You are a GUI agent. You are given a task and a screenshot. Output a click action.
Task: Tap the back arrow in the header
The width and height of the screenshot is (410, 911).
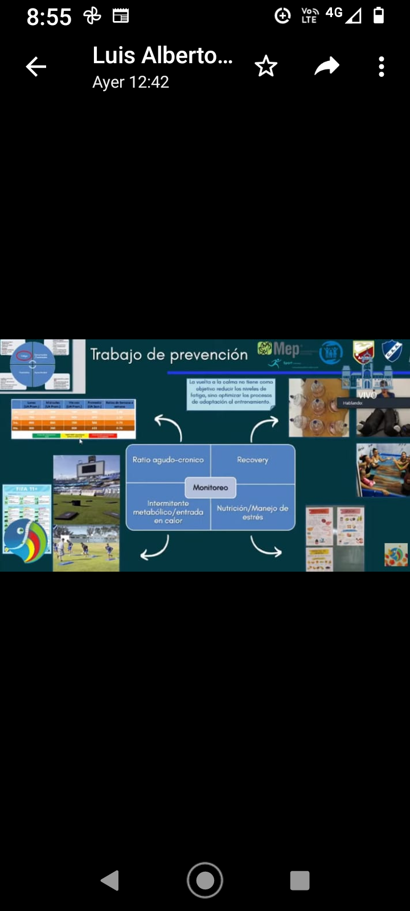tap(36, 67)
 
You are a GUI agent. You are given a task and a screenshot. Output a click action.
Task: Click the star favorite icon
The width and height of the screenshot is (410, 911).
tap(266, 67)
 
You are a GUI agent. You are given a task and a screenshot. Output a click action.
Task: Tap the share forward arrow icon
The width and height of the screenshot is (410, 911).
tap(326, 67)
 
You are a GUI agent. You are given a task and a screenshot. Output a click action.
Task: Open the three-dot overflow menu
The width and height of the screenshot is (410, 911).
tap(382, 67)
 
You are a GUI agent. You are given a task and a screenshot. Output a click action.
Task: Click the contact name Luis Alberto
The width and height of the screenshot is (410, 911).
tap(163, 56)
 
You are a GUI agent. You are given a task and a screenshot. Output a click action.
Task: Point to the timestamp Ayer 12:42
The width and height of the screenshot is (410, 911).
tap(131, 83)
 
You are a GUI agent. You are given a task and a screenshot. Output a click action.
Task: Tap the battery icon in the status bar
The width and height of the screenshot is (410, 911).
tap(379, 15)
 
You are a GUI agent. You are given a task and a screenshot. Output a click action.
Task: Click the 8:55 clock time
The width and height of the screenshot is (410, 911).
tap(49, 17)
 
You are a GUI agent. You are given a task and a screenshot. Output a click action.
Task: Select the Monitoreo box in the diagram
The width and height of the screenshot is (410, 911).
tap(210, 487)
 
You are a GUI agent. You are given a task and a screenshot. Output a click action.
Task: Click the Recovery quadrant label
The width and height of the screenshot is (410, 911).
tap(252, 460)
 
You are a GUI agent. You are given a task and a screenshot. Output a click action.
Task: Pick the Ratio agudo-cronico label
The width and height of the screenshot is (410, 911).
tap(168, 460)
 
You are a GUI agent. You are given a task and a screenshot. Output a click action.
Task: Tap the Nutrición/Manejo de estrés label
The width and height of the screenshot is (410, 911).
tap(252, 512)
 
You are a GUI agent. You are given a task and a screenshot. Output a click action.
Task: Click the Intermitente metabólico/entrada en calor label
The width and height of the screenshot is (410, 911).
tap(168, 512)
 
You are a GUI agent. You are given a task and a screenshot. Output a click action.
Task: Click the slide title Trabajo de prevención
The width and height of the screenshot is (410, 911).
tap(169, 355)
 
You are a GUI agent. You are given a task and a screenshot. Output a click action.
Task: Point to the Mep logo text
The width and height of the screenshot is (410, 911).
tap(286, 349)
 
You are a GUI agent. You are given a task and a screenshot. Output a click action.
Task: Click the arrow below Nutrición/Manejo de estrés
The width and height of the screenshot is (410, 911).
tap(265, 548)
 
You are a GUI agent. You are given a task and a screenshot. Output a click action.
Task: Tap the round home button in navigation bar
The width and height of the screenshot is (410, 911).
tap(205, 880)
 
